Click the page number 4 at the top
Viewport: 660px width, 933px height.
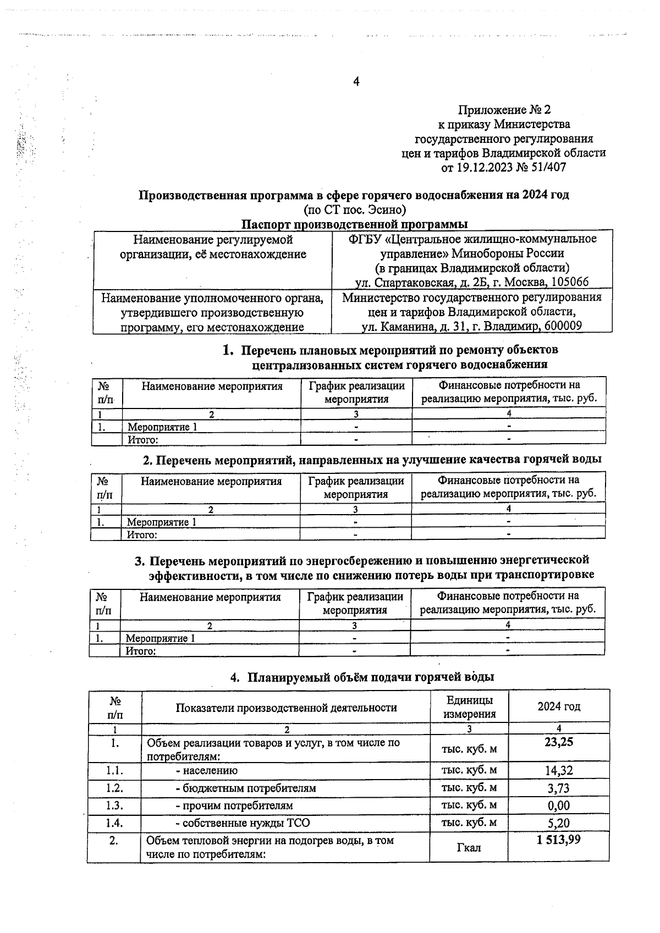356,82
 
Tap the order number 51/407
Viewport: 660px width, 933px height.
546,167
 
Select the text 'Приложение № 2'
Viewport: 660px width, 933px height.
504,110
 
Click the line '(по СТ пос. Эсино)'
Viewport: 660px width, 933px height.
355,209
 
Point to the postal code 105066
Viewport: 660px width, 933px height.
568,282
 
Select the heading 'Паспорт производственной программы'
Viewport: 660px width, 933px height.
355,224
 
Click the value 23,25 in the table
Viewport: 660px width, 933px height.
558,742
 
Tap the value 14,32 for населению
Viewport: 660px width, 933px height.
558,771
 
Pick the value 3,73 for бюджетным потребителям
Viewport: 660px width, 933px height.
558,788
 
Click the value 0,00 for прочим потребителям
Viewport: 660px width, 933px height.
558,806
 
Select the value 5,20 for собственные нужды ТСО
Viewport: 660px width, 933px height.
558,824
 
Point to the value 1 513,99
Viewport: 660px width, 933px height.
558,840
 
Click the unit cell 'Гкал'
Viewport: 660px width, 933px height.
469,848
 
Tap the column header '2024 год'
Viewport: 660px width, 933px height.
558,706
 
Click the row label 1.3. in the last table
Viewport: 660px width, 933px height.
114,805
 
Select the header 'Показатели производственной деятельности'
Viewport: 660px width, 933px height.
286,708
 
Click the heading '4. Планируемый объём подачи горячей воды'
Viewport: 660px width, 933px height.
361,677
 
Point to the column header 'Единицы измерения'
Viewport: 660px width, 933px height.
469,707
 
